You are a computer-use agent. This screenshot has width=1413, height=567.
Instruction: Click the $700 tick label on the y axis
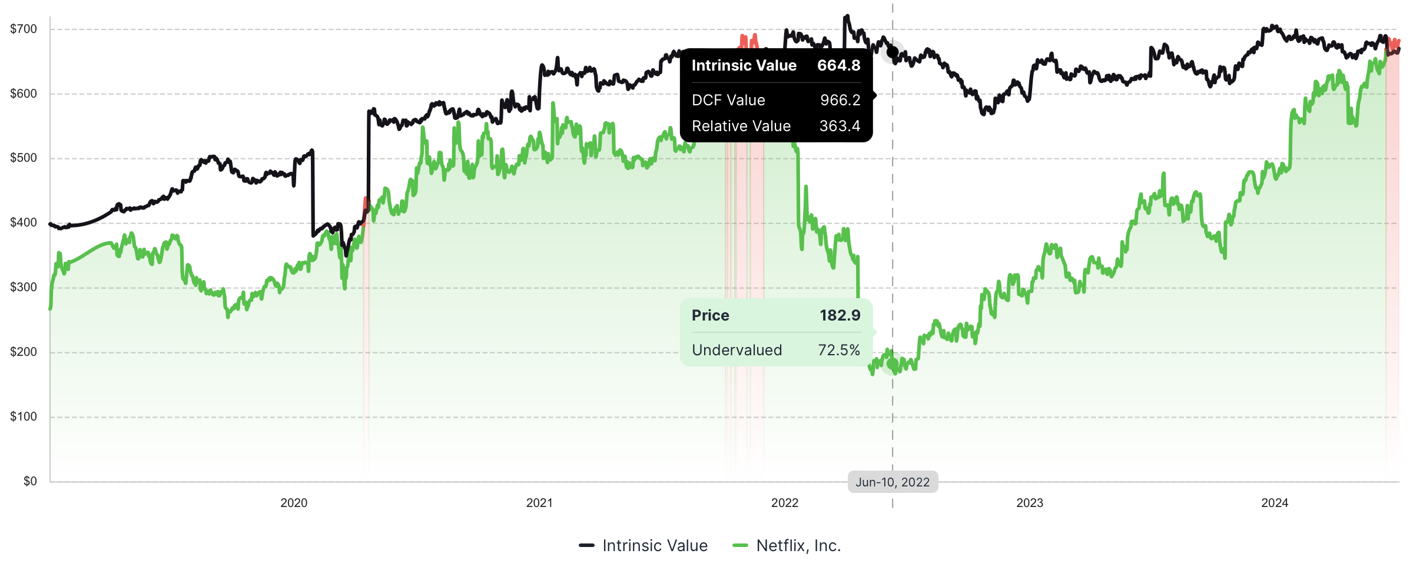[x=24, y=29]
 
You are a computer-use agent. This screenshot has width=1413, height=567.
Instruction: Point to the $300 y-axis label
[x=24, y=287]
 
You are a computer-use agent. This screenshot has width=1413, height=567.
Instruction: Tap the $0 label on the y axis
[x=30, y=481]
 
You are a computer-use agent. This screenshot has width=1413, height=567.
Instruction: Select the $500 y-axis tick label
[x=24, y=158]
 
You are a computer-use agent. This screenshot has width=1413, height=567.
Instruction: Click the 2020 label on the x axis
[x=294, y=503]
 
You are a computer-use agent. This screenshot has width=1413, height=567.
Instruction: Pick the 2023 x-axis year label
[x=1030, y=503]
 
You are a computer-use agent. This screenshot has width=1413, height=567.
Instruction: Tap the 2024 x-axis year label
[x=1275, y=503]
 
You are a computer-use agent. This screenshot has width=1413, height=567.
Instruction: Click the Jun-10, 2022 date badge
[x=893, y=482]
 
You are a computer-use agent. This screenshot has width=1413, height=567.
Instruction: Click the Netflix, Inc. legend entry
[x=787, y=546]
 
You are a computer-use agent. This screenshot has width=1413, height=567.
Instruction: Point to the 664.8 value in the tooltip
[x=838, y=65]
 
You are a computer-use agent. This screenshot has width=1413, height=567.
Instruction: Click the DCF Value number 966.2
[x=840, y=100]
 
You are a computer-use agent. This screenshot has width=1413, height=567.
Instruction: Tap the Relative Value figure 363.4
[x=840, y=126]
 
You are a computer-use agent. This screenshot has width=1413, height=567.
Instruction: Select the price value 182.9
[x=840, y=315]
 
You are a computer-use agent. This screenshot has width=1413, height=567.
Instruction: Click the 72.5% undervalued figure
[x=839, y=350]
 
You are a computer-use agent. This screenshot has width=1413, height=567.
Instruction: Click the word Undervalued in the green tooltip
[x=737, y=350]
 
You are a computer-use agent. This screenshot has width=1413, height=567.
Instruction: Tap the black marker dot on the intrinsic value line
[x=893, y=52]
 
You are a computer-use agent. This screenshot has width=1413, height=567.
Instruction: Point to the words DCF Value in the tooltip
[x=728, y=100]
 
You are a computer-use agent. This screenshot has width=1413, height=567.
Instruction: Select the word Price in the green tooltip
[x=710, y=315]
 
